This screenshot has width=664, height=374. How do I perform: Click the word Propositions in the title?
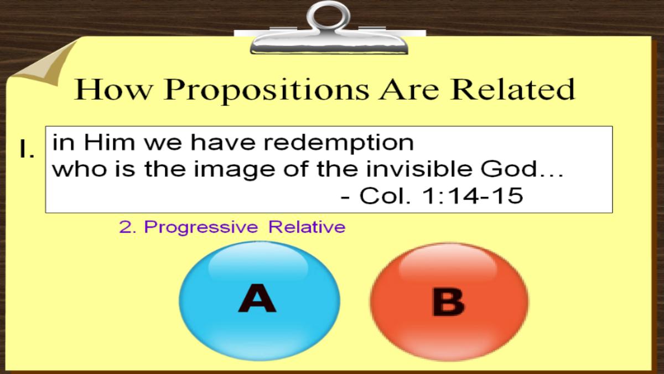(267, 90)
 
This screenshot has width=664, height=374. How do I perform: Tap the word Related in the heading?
(512, 89)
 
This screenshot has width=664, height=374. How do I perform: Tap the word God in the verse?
(509, 168)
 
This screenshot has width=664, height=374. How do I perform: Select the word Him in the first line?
(110, 142)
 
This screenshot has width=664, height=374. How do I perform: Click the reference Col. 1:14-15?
(441, 196)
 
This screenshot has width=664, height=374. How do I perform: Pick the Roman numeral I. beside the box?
(27, 149)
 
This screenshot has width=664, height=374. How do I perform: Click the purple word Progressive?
(201, 228)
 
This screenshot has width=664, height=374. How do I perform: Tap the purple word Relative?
(307, 227)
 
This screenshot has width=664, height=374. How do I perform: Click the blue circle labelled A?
(260, 301)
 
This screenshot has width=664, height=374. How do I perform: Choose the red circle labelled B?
(449, 302)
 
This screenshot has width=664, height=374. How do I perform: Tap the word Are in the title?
(409, 89)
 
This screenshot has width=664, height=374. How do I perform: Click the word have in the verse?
(223, 142)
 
